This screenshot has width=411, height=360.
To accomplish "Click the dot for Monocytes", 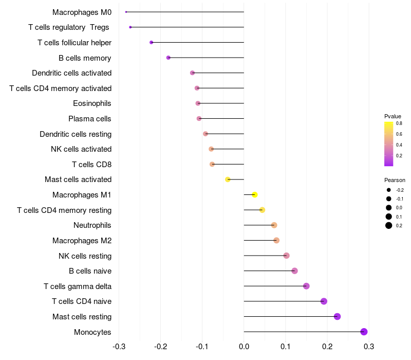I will (364, 332).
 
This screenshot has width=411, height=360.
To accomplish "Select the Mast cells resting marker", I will (337, 316).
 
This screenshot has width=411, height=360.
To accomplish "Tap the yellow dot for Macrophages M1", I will (254, 194).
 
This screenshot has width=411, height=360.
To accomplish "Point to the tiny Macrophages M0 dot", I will (126, 12).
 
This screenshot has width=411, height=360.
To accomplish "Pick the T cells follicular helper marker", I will (151, 42).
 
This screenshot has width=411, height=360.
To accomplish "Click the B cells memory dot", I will (169, 58).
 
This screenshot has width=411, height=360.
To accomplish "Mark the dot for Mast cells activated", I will (228, 179).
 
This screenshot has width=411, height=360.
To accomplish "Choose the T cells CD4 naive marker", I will (324, 301).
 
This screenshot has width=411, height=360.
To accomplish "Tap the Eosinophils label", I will (92, 103).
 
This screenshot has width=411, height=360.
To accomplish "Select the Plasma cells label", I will (90, 119).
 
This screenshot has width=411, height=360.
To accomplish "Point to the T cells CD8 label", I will (91, 165).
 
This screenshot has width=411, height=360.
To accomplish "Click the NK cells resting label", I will (85, 256).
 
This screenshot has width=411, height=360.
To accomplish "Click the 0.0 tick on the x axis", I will (244, 346).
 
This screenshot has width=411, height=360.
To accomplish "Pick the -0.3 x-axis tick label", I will (119, 346).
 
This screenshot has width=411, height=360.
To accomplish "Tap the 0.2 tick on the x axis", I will (327, 346).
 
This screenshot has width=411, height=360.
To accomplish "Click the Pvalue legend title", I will (393, 116).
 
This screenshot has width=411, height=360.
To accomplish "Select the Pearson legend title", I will (395, 181).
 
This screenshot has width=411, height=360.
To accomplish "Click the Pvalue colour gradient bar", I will (389, 144).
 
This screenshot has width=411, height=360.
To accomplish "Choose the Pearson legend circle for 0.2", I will (389, 225).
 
